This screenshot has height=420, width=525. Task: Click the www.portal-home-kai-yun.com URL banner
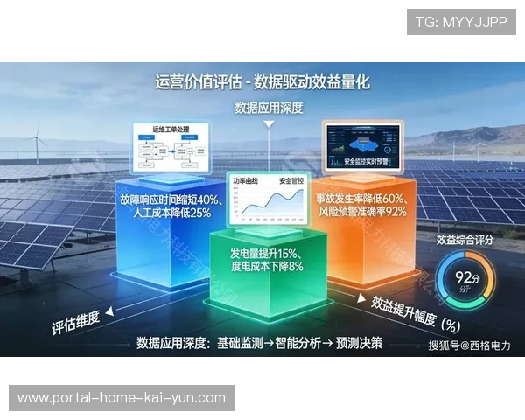point(122,398)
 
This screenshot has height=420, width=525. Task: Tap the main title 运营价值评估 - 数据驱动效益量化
point(262,82)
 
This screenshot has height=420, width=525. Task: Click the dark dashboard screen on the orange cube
point(363,143)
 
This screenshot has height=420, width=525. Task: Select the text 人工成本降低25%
point(165,213)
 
